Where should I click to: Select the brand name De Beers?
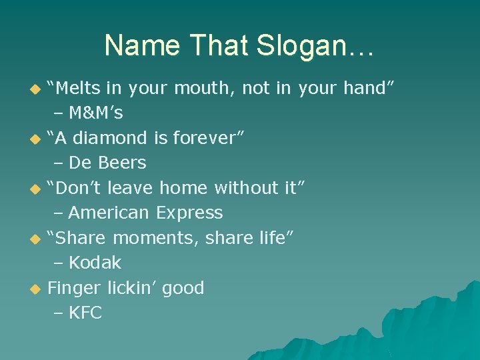pyautogui.click(x=107, y=163)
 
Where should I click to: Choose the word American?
pyautogui.click(x=109, y=213)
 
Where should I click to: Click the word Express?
pyautogui.click(x=189, y=213)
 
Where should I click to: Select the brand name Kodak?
pyautogui.click(x=95, y=263)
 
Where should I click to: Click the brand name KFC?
pyautogui.click(x=85, y=313)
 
